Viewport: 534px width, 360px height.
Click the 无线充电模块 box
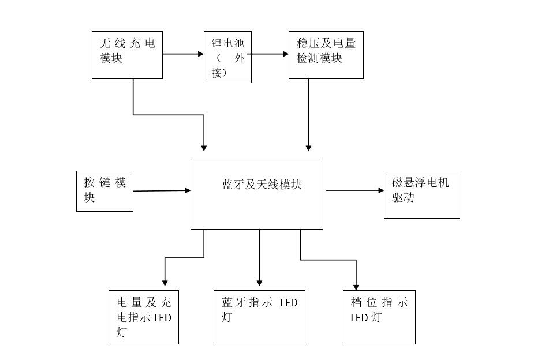pyautogui.click(x=127, y=55)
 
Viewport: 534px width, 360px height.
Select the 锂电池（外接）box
pyautogui.click(x=227, y=57)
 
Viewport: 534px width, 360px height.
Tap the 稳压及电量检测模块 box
pyautogui.click(x=326, y=55)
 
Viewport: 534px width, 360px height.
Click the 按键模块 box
pyautogui.click(x=104, y=190)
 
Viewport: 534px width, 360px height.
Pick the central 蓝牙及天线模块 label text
pyautogui.click(x=262, y=185)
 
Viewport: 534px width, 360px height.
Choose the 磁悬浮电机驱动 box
pyautogui.click(x=421, y=194)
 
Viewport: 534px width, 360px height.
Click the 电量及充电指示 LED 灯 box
pyautogui.click(x=144, y=317)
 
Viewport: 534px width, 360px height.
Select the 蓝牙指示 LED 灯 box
pyautogui.click(x=259, y=317)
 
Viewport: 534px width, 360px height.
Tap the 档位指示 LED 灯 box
pyautogui.click(x=379, y=317)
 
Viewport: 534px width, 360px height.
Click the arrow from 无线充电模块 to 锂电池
pyautogui.click(x=184, y=54)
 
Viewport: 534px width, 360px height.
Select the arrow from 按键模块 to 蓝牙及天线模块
pyautogui.click(x=162, y=190)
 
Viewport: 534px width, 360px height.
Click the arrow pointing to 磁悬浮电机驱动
pyautogui.click(x=353, y=190)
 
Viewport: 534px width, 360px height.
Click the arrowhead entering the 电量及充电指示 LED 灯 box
pyautogui.click(x=165, y=282)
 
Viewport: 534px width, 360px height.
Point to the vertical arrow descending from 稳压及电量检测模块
pyautogui.click(x=308, y=115)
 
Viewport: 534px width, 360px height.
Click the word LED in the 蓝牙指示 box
pyautogui.click(x=289, y=303)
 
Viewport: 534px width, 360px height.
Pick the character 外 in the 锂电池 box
pyautogui.click(x=240, y=58)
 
